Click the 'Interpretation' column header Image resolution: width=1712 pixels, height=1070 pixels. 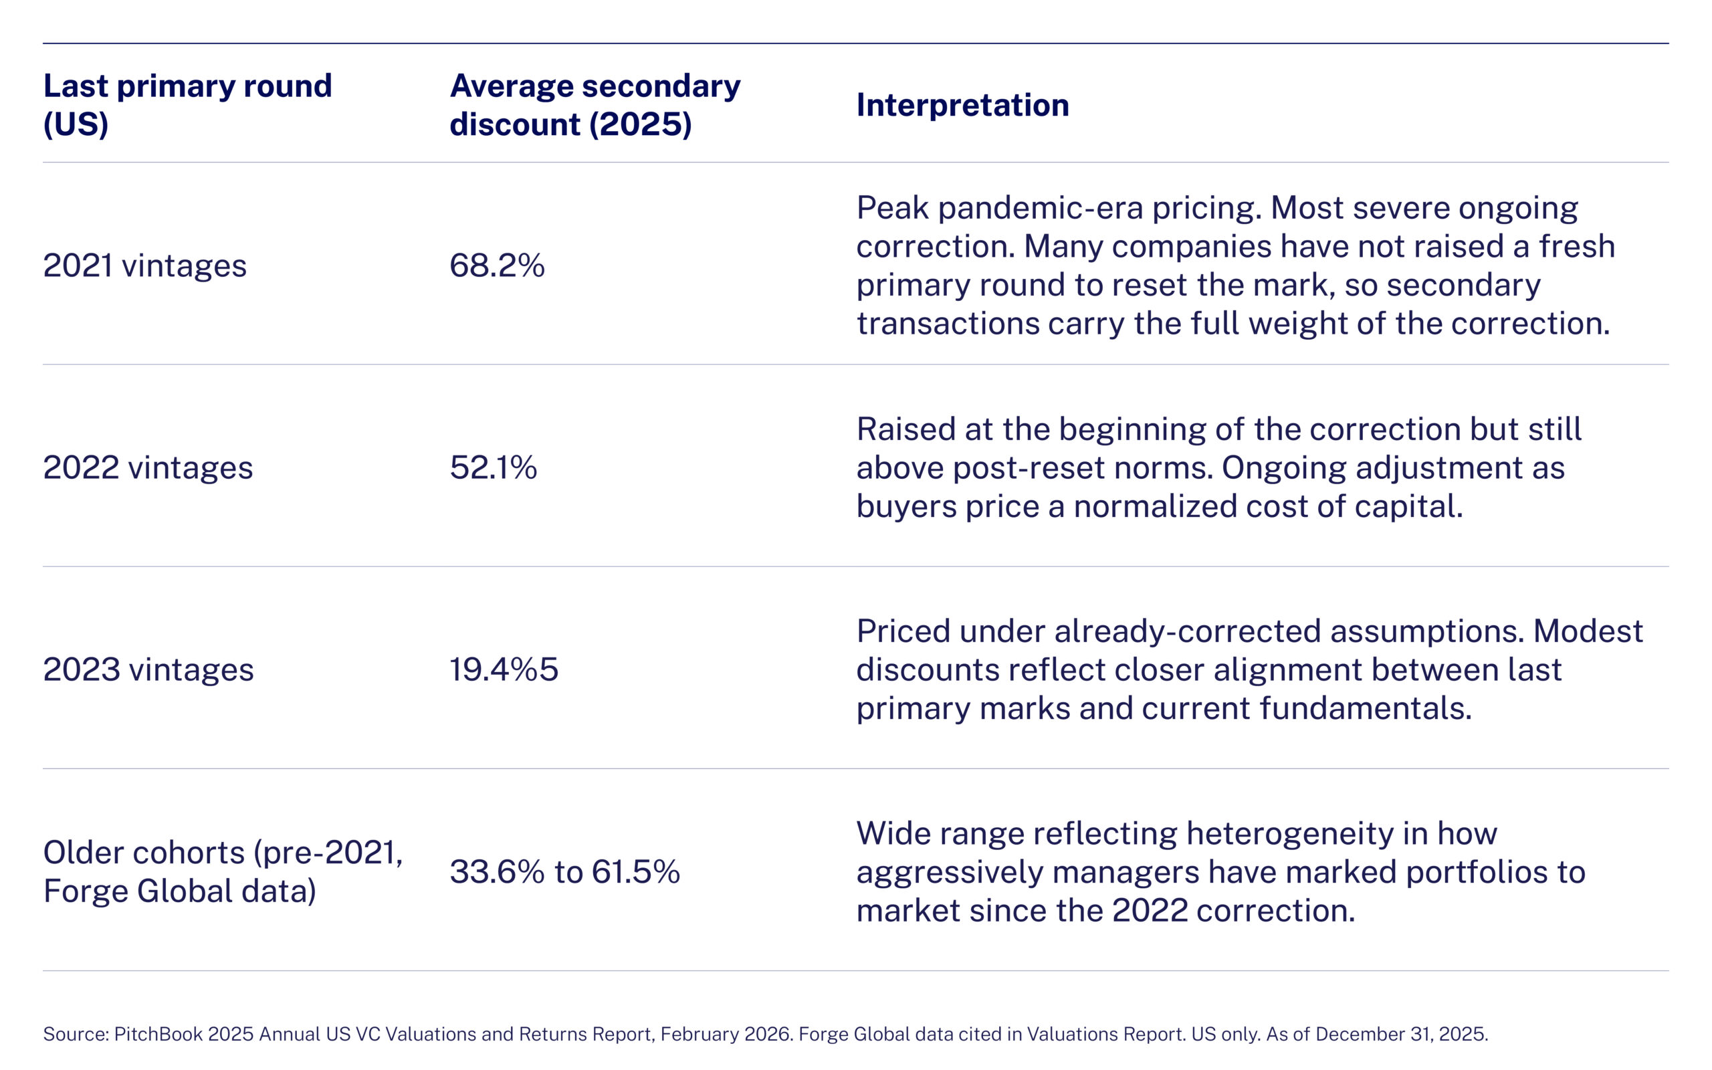962,105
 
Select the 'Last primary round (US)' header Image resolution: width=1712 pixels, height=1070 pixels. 187,105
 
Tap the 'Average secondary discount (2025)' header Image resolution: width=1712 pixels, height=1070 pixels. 595,105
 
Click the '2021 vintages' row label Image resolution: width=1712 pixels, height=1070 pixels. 144,265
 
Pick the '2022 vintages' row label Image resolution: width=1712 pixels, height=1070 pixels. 148,467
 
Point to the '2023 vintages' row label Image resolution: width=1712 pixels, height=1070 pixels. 148,669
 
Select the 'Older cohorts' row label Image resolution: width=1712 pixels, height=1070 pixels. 223,871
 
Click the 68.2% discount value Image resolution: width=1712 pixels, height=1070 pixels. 497,265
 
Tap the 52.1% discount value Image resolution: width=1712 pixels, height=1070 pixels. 493,467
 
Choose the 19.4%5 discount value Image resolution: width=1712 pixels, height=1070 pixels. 504,669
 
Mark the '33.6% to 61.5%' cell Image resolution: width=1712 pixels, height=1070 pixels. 564,872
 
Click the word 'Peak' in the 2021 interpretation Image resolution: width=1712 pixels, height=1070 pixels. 892,208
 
